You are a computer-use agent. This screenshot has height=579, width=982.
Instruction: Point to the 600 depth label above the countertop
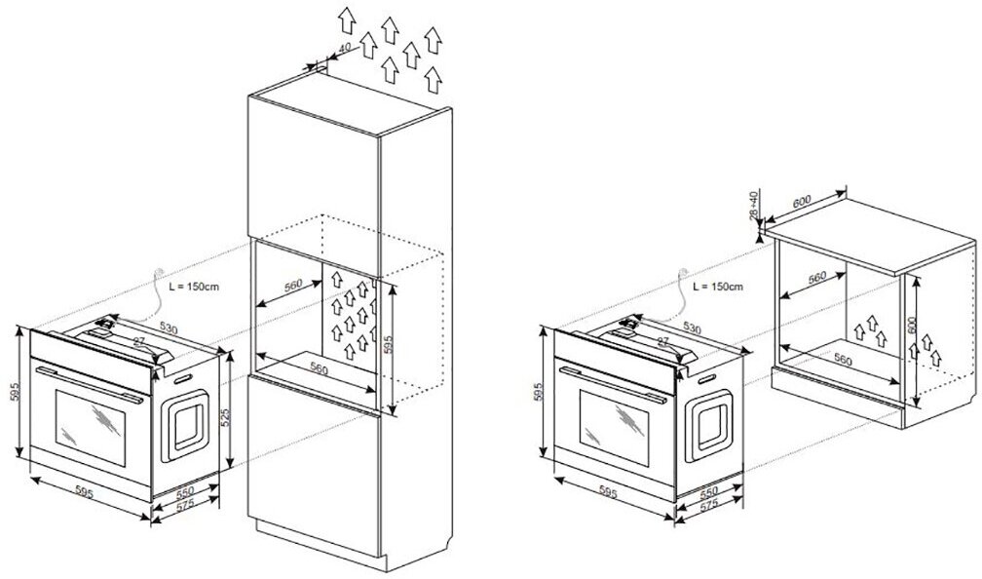(x=803, y=201)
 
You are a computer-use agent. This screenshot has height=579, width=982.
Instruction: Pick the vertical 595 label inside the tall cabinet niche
(x=390, y=346)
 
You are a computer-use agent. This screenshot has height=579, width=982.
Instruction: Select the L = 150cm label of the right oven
(x=717, y=288)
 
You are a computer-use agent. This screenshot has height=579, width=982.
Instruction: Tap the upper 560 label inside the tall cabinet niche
(x=294, y=289)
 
